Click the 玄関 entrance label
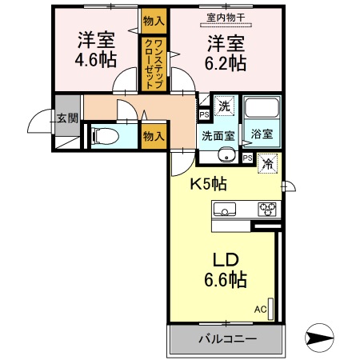[67, 118]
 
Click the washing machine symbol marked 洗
[226, 105]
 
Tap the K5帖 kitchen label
[208, 184]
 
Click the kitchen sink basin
[226, 210]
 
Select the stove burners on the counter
[266, 210]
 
